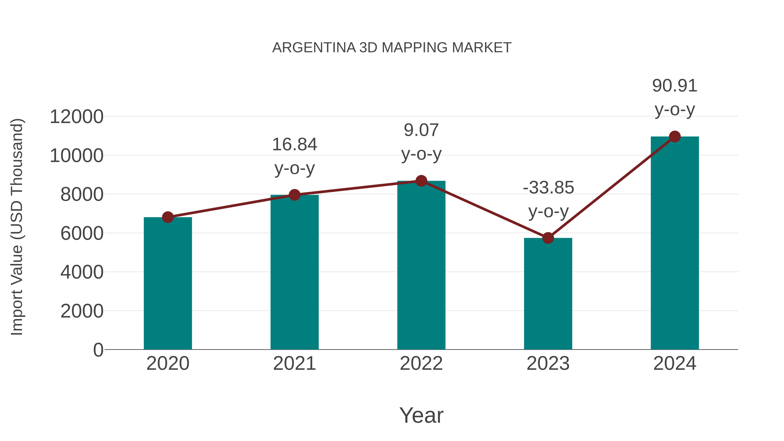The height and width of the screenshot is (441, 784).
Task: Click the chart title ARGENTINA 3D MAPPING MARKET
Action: [392, 48]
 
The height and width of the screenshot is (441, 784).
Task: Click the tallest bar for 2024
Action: [675, 243]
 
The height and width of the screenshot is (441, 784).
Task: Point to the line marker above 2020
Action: [168, 217]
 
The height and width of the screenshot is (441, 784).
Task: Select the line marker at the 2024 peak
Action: [675, 137]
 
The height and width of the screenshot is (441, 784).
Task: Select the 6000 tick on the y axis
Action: [82, 233]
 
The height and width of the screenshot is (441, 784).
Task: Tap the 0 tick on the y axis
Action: [98, 350]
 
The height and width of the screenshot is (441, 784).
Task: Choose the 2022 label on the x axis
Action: [421, 363]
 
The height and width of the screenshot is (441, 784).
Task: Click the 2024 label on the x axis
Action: [675, 363]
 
